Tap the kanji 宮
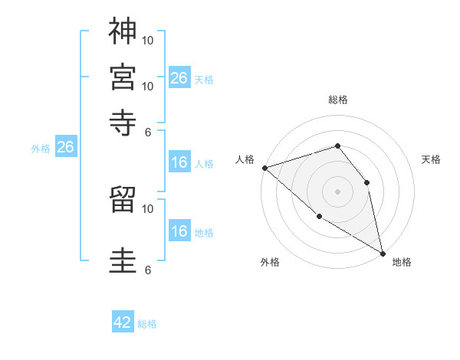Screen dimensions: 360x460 coord(123,77)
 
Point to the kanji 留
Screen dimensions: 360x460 coord(123,199)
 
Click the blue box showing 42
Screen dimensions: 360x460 coord(123,322)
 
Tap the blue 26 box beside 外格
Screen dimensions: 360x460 coord(65,148)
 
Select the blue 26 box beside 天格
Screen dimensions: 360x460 coord(179,78)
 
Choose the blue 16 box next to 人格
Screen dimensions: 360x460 coord(179,162)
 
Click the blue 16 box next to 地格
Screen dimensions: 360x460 coord(179,231)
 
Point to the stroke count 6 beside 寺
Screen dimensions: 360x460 coord(148,132)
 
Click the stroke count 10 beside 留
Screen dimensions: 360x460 coord(148,208)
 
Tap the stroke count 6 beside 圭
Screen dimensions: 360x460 coord(148,270)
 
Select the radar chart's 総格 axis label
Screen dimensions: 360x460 coord(337,100)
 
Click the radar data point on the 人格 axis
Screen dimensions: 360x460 coord(264,168)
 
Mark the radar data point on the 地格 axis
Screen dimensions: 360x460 coord(383,253)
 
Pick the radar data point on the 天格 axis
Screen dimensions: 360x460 coord(367,182)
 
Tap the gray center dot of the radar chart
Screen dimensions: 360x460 coord(337,191)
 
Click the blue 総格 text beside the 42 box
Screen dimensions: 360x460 coord(147,324)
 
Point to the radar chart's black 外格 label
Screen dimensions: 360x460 coord(270,263)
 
